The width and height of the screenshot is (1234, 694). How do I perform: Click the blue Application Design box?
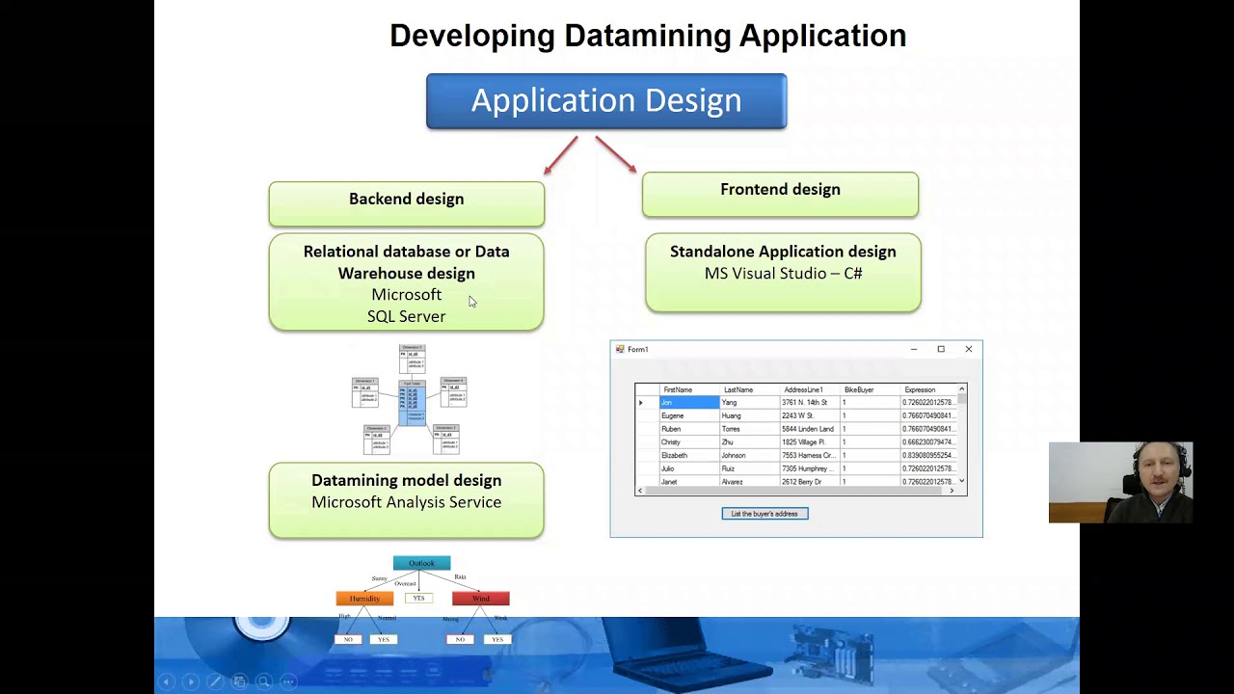606,101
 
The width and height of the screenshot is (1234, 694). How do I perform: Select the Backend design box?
406,200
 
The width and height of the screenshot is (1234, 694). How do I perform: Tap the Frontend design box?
780,190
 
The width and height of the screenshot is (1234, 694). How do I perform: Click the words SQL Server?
406,316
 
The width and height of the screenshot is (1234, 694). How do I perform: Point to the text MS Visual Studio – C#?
783,274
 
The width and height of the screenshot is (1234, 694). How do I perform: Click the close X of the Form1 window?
968,349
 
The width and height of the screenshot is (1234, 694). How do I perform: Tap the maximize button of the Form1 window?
941,349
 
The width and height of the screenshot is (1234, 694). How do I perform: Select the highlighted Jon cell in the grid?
688,403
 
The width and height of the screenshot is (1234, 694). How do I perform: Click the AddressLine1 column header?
802,389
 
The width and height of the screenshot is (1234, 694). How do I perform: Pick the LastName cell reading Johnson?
734,455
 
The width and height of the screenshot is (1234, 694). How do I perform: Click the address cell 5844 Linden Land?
807,429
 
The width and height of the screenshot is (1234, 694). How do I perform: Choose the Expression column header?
919,389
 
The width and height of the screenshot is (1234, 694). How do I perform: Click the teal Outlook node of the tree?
421,563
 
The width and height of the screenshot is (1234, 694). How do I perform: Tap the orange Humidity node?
364,599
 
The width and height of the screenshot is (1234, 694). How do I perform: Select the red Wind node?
480,599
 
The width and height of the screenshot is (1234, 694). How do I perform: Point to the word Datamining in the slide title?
647,36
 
